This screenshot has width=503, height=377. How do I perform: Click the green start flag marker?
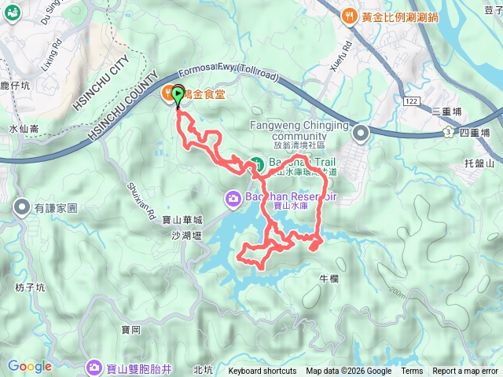point(178,96)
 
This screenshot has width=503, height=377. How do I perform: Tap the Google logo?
point(29,366)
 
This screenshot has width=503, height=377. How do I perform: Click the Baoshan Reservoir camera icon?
point(233,198)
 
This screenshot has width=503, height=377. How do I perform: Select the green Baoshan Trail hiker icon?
point(256,164)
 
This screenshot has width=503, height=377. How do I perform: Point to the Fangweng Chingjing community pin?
point(361,133)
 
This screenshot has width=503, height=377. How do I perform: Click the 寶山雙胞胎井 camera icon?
point(94,366)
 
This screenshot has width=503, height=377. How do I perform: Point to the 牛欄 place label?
point(329,278)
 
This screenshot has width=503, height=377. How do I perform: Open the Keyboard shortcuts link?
point(263,372)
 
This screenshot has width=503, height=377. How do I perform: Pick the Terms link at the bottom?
point(412,372)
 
